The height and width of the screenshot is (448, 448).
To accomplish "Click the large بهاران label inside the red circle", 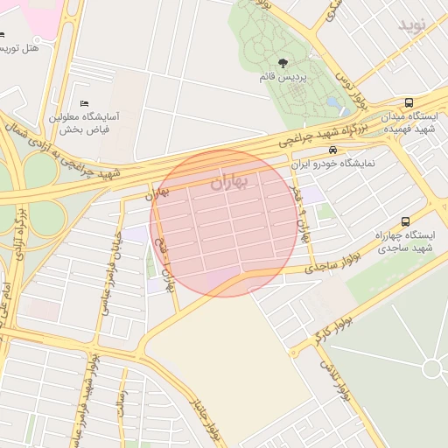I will pyautogui.click(x=229, y=182).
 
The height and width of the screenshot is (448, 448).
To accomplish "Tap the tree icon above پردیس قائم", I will pyautogui.click(x=283, y=62).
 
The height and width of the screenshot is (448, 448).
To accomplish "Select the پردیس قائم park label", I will pyautogui.click(x=283, y=77).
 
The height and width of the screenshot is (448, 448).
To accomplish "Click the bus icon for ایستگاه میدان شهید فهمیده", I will pyautogui.click(x=409, y=101).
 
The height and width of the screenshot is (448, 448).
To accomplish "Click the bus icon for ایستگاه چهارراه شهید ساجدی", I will pyautogui.click(x=403, y=221).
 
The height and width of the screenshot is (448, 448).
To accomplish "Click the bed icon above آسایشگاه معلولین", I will pyautogui.click(x=84, y=104).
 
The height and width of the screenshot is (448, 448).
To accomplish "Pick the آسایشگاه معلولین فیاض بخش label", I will pyautogui.click(x=89, y=122).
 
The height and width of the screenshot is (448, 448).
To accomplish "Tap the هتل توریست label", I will pyautogui.click(x=21, y=46).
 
